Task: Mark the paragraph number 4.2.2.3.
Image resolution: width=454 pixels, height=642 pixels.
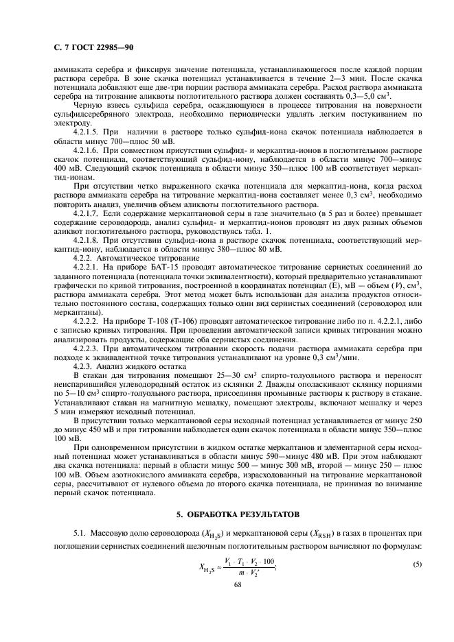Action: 88,348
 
